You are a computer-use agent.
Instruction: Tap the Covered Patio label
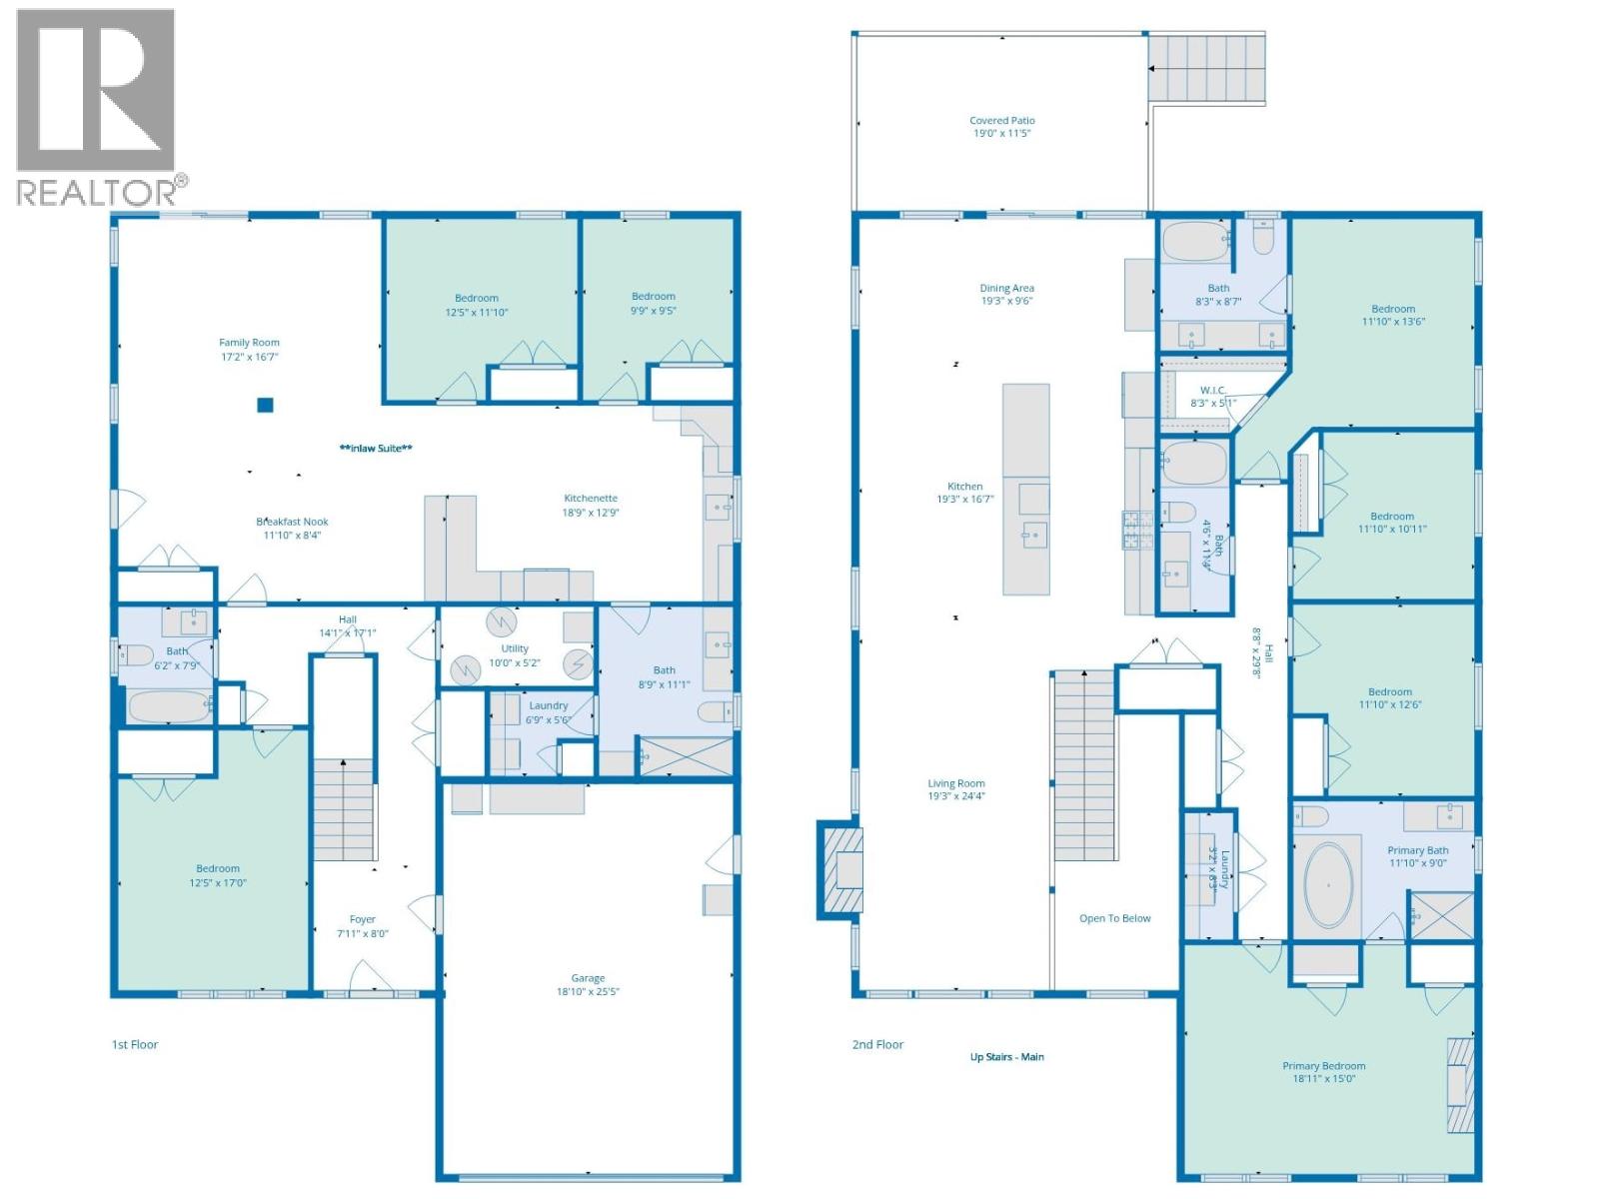[1001, 121]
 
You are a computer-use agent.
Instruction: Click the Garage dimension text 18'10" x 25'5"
[588, 992]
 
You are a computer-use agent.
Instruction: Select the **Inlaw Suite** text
[376, 449]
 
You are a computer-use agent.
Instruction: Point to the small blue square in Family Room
[265, 405]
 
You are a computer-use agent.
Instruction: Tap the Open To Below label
[1114, 918]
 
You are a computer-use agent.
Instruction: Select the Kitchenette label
[591, 498]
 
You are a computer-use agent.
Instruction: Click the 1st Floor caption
[135, 1044]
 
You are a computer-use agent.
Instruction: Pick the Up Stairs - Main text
[1006, 1056]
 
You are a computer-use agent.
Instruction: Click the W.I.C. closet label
[1212, 391]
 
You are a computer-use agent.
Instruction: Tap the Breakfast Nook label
[292, 522]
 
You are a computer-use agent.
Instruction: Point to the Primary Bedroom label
[1323, 1066]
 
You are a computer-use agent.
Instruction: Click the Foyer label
[362, 919]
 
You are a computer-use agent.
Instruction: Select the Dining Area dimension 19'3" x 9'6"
[1006, 301]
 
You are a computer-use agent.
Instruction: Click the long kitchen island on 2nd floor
[1026, 490]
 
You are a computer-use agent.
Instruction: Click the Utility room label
[515, 648]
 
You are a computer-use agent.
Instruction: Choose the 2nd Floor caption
[877, 1044]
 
